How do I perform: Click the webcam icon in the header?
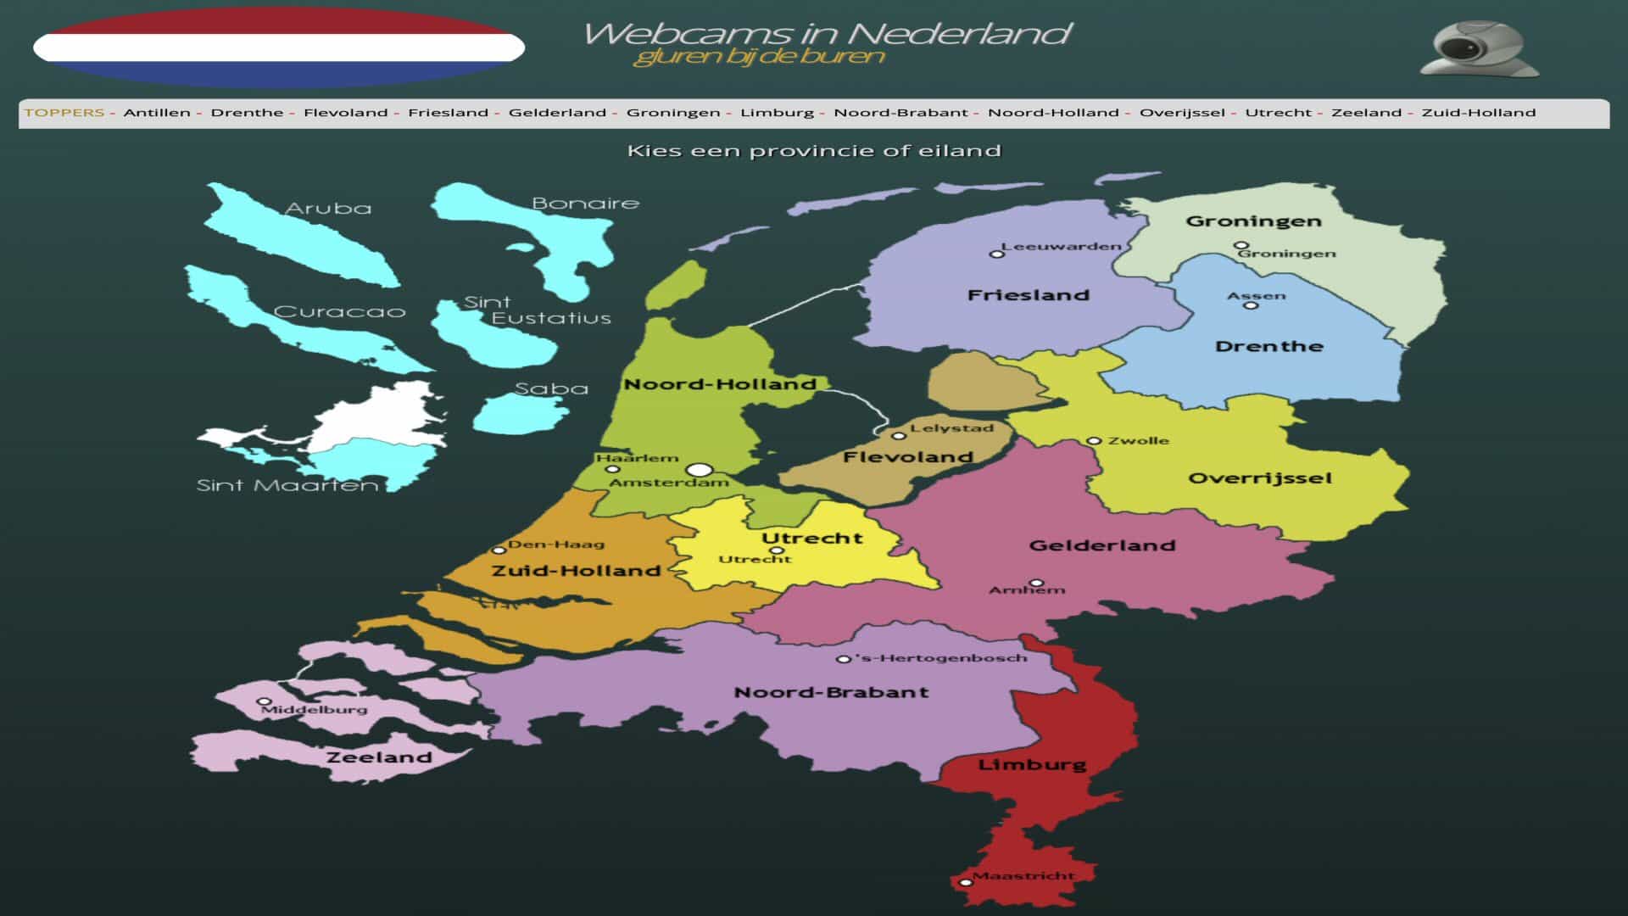[x=1479, y=49]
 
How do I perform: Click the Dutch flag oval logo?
[x=279, y=47]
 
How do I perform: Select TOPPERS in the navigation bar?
[x=64, y=113]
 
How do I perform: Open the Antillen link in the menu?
[x=157, y=113]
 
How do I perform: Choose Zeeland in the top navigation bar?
[x=1366, y=113]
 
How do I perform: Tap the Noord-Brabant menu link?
[x=900, y=113]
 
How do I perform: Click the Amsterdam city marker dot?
[x=699, y=470]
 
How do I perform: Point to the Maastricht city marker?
[x=966, y=883]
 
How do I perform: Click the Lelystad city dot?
[x=899, y=436]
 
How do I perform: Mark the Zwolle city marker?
[x=1094, y=441]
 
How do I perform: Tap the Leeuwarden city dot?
[x=996, y=254]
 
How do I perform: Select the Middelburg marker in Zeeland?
[x=264, y=702]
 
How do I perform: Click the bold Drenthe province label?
[x=1268, y=346]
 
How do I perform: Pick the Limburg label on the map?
[x=1032, y=764]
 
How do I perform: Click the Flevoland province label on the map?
[x=907, y=457]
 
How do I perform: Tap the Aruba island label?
[x=328, y=209]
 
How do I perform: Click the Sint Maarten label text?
[x=287, y=486]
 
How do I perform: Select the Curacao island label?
[x=339, y=312]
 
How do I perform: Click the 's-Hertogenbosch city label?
[x=941, y=658]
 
